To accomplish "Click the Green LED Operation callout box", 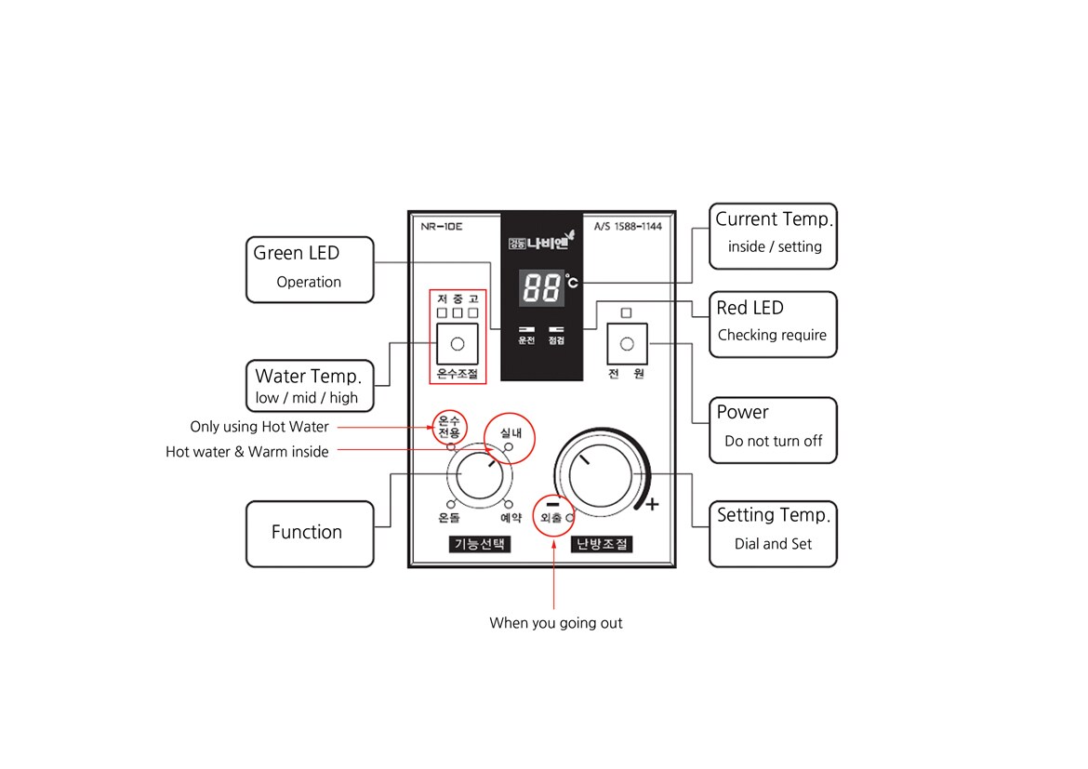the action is click(x=311, y=270).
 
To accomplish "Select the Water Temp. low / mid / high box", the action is click(x=311, y=386).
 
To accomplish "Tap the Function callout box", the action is click(x=311, y=534).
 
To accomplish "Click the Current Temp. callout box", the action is click(x=773, y=236).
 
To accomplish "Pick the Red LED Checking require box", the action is click(x=773, y=325).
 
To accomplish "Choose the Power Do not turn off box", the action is click(x=773, y=430).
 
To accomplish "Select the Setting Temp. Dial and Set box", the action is click(x=773, y=534).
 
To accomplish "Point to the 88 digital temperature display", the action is click(x=541, y=287).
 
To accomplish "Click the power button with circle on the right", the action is click(x=627, y=343).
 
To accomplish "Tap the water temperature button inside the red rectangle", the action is click(x=458, y=343).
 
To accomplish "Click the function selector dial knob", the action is click(x=480, y=475).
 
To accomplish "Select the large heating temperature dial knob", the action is click(x=600, y=476).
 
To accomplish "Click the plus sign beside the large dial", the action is click(x=652, y=505).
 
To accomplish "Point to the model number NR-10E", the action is click(x=442, y=226).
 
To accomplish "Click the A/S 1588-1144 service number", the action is click(x=628, y=226).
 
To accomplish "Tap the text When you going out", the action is click(x=556, y=623).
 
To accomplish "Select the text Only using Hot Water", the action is click(x=259, y=426).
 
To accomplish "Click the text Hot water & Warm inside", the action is click(x=247, y=451).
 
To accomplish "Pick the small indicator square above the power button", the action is click(x=626, y=313).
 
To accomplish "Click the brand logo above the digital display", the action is click(x=541, y=241).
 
